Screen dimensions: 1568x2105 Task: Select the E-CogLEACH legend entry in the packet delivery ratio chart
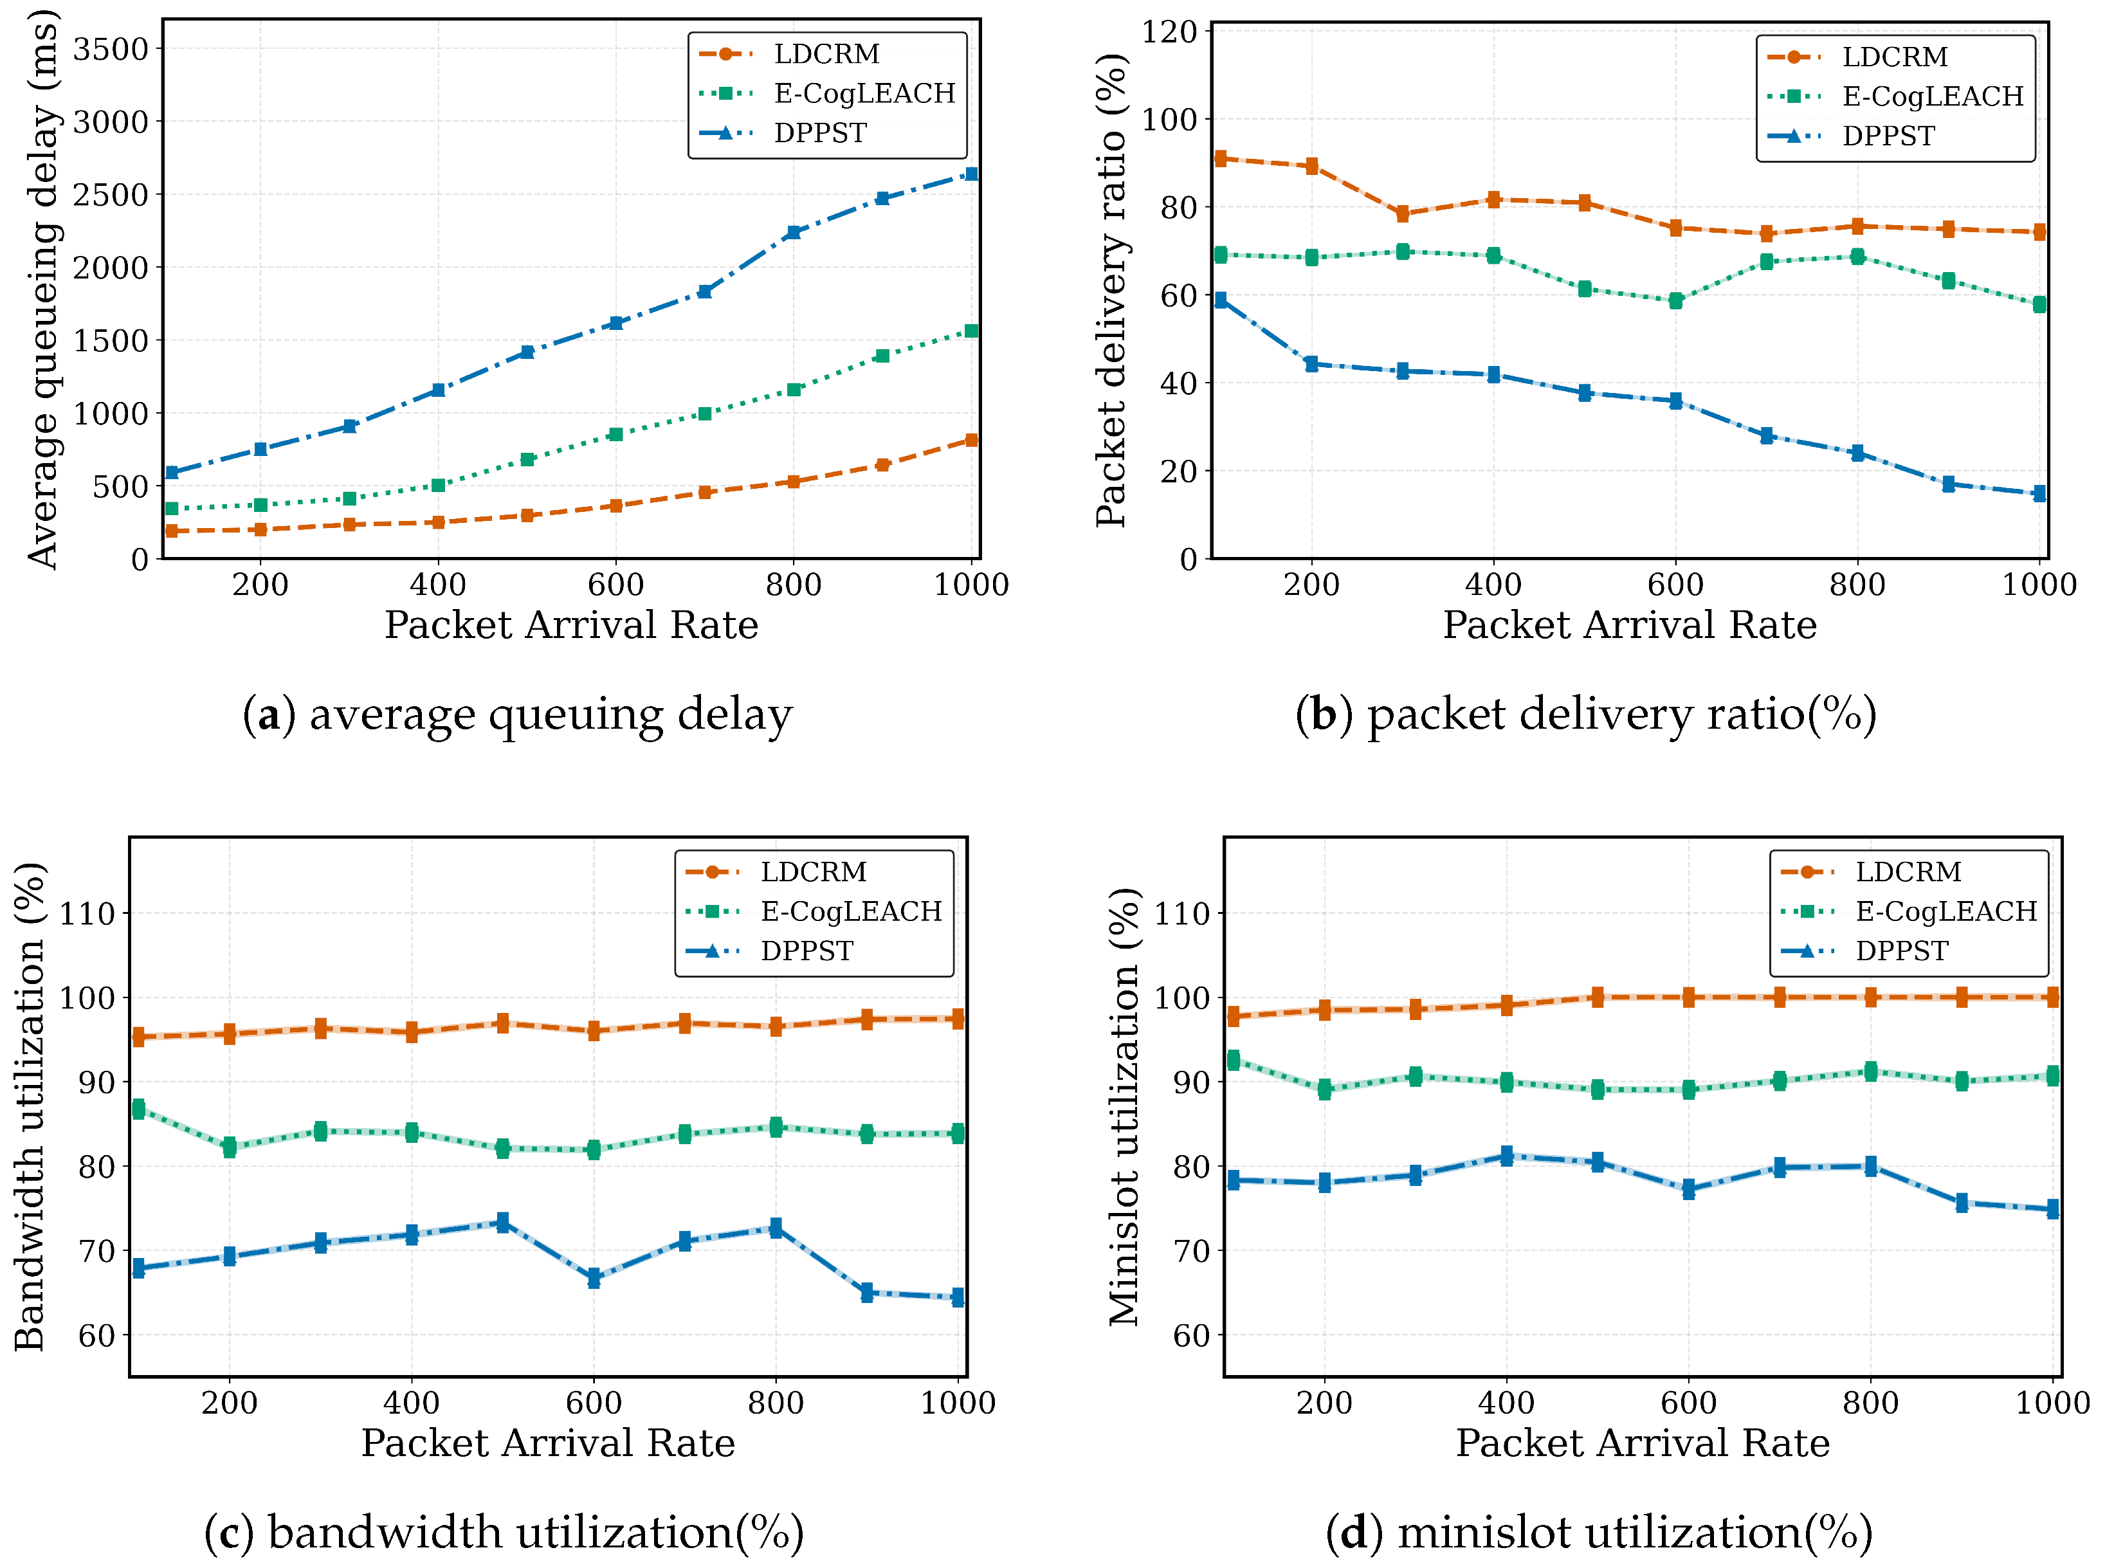(1931, 96)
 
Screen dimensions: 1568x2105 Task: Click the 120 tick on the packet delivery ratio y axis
(1169, 32)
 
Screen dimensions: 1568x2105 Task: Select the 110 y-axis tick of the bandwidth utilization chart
(87, 914)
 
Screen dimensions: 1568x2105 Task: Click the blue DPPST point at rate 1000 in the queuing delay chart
(971, 174)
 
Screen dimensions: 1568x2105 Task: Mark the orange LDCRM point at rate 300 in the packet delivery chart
(1403, 214)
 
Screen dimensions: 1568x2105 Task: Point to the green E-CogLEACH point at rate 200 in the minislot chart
(1325, 1089)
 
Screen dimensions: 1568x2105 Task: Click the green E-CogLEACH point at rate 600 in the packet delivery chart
(1676, 301)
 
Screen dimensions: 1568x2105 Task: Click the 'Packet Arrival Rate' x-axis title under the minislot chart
(1642, 1443)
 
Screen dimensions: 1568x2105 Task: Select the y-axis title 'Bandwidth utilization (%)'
(30, 1106)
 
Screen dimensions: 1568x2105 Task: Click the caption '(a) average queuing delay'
(517, 715)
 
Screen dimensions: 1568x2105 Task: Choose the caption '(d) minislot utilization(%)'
(1599, 1533)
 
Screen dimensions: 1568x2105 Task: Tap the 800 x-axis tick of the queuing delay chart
(794, 585)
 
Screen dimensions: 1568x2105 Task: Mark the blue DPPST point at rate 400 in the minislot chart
(1507, 1156)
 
